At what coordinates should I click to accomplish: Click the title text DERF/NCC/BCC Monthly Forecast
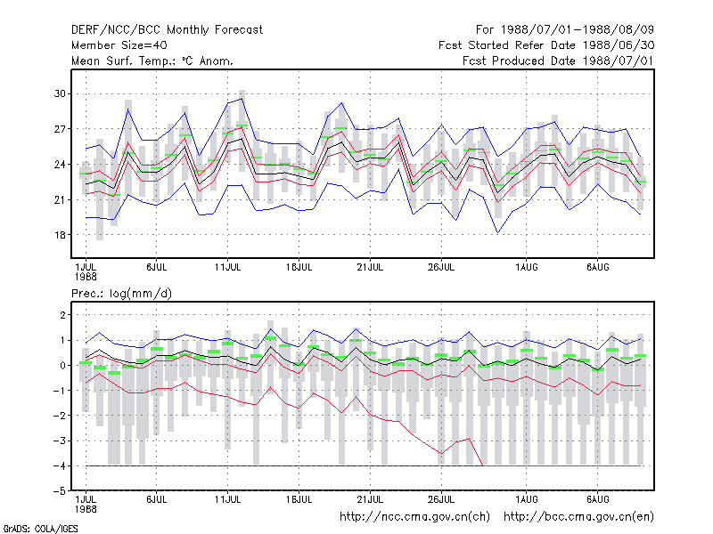pyautogui.click(x=167, y=30)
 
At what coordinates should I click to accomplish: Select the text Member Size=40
pyautogui.click(x=119, y=45)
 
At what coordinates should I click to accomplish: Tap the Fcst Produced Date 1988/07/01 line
pyautogui.click(x=558, y=61)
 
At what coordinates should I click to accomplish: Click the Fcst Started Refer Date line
pyautogui.click(x=546, y=45)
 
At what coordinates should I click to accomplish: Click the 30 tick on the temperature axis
pyautogui.click(x=60, y=93)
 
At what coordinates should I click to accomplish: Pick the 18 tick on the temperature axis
pyautogui.click(x=60, y=235)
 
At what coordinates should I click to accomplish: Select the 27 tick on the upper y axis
pyautogui.click(x=60, y=129)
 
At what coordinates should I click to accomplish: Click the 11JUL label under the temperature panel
pyautogui.click(x=227, y=267)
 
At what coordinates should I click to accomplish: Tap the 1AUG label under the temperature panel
pyautogui.click(x=526, y=267)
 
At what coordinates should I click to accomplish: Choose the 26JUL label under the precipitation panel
pyautogui.click(x=441, y=499)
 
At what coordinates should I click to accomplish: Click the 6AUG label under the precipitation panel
pyautogui.click(x=597, y=499)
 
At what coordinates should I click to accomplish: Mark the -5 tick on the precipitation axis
pyautogui.click(x=60, y=491)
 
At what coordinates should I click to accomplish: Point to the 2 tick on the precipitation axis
pyautogui.click(x=62, y=315)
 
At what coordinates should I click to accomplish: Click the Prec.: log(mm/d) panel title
pyautogui.click(x=121, y=294)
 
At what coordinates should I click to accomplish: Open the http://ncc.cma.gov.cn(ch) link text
pyautogui.click(x=414, y=517)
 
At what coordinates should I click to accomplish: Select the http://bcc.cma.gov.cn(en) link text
pyautogui.click(x=578, y=517)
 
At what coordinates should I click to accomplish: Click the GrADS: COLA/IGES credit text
pyautogui.click(x=40, y=529)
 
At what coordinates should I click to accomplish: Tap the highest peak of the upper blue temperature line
pyautogui.click(x=242, y=99)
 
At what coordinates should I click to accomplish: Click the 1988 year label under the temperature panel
pyautogui.click(x=86, y=277)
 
